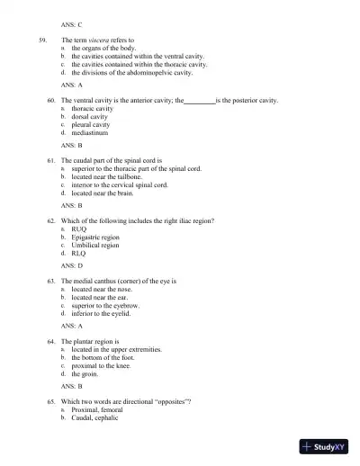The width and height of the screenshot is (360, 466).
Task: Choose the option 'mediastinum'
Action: [90, 132]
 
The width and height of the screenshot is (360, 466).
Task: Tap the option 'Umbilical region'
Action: [95, 245]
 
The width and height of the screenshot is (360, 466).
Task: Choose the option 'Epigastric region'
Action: [95, 237]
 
